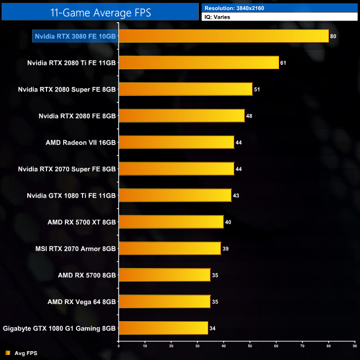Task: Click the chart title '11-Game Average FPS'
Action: (x=100, y=12)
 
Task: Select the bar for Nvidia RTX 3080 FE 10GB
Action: (x=223, y=36)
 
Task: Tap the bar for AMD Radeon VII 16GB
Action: (x=176, y=142)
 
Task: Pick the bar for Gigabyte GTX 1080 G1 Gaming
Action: (x=163, y=328)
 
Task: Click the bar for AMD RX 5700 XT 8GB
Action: (x=171, y=222)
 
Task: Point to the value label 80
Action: (x=333, y=36)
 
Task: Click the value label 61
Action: (x=283, y=63)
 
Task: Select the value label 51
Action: (x=256, y=89)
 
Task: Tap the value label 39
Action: (x=225, y=249)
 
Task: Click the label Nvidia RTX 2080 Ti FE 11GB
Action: (x=71, y=63)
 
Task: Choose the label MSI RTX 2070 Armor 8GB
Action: (x=75, y=249)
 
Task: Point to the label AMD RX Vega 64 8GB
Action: (x=81, y=302)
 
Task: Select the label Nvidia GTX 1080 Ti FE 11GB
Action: (x=71, y=196)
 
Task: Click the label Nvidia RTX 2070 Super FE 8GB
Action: (x=66, y=169)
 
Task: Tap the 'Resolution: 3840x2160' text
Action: (x=234, y=8)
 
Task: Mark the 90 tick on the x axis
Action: (x=354, y=346)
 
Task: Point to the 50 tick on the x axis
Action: (x=250, y=346)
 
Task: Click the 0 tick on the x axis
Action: (x=119, y=346)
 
